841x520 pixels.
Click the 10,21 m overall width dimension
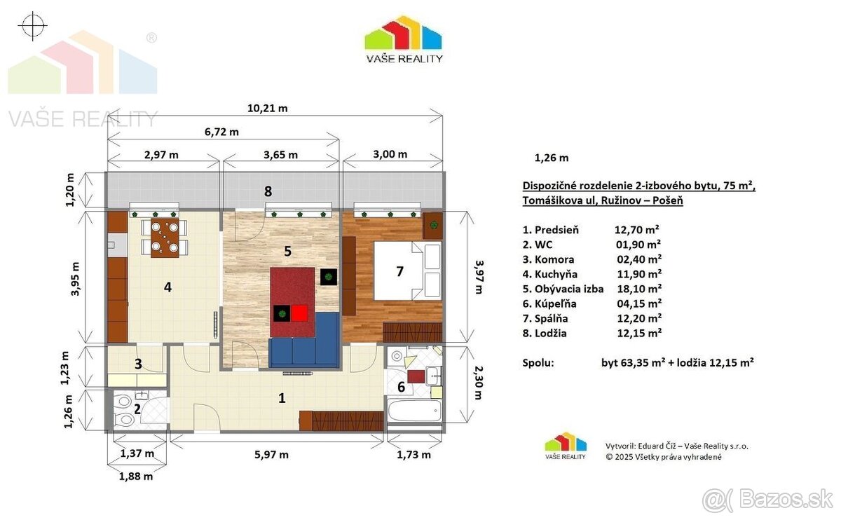click(267, 109)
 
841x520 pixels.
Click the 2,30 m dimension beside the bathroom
click(479, 383)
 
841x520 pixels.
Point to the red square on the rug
click(300, 313)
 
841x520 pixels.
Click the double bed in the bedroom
click(406, 270)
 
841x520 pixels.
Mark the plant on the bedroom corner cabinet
click(433, 225)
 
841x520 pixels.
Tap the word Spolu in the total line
click(538, 363)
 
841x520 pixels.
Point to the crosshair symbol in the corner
click(33, 26)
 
